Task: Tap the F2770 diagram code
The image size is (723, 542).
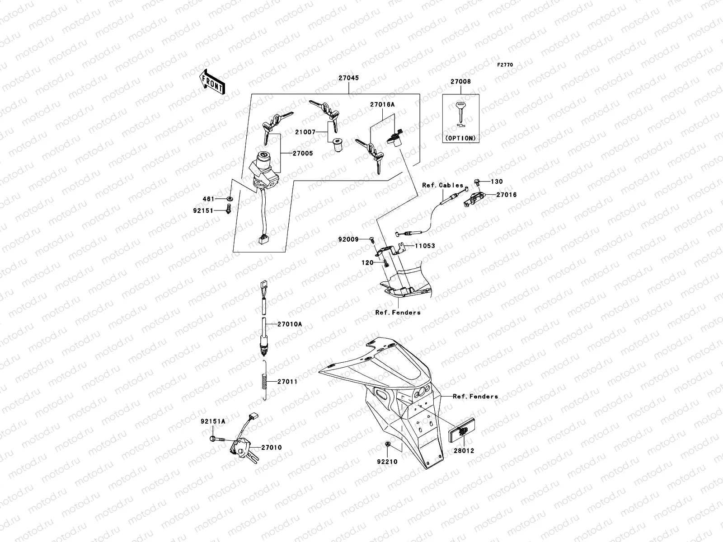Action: pyautogui.click(x=505, y=65)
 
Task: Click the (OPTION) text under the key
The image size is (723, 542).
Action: pyautogui.click(x=460, y=138)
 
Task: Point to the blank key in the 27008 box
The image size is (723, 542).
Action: pyautogui.click(x=460, y=113)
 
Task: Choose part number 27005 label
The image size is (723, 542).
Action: pyautogui.click(x=302, y=154)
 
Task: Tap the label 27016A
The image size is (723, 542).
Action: pyautogui.click(x=382, y=104)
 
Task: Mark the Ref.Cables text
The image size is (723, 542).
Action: pyautogui.click(x=443, y=185)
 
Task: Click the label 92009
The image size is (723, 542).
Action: pyautogui.click(x=348, y=240)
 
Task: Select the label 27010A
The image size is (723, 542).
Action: pyautogui.click(x=290, y=324)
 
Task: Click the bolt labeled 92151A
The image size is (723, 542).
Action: pyautogui.click(x=213, y=438)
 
